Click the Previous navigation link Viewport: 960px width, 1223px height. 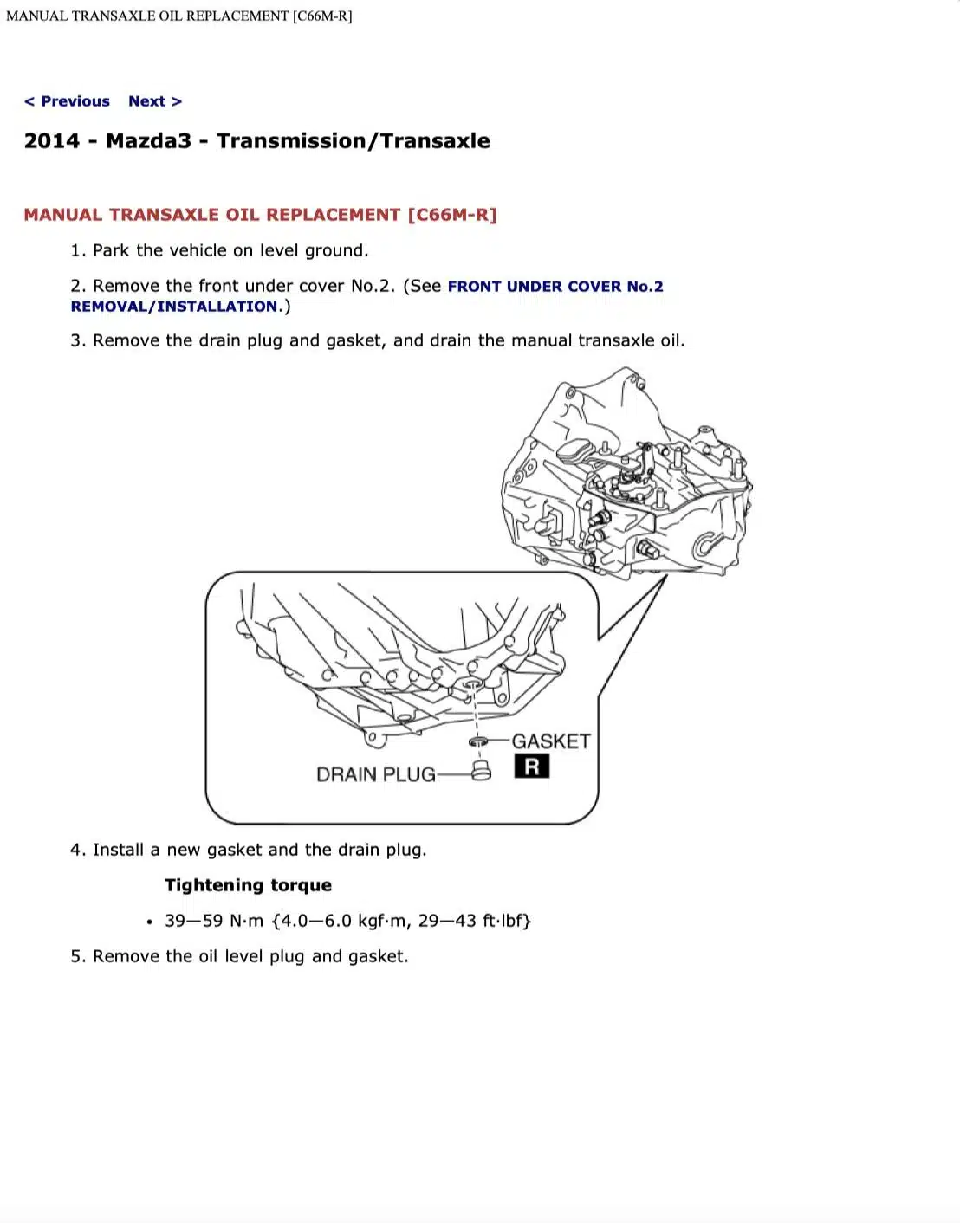[68, 101]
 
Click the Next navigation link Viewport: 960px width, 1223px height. [155, 101]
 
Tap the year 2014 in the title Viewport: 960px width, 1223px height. [51, 141]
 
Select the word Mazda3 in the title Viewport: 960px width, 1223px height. [148, 141]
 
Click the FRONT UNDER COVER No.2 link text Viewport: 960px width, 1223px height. [555, 287]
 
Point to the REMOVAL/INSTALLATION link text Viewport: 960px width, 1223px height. [174, 307]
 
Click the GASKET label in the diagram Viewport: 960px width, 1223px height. [550, 741]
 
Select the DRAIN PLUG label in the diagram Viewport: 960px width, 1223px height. [375, 774]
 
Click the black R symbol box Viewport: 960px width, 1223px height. [531, 767]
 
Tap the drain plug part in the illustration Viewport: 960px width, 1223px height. [481, 771]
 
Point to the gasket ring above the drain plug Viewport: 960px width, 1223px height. [477, 741]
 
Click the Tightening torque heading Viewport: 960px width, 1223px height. [248, 885]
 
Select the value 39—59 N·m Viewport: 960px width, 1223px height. [214, 921]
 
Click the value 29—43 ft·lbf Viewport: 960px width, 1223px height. [474, 921]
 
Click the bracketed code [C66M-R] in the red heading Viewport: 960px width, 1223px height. [452, 215]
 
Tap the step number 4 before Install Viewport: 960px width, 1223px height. [76, 850]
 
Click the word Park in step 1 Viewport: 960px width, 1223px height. [111, 250]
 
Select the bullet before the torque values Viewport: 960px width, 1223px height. [149, 922]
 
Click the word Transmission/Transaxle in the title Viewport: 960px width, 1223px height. [353, 141]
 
